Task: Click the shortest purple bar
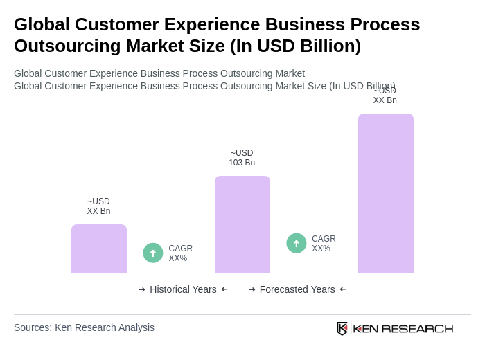98,249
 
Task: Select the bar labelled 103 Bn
242,224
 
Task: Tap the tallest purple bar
385,193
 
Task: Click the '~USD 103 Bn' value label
242,158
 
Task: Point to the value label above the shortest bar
98,206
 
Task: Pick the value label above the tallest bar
385,96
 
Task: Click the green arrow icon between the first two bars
153,253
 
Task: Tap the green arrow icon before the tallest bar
297,244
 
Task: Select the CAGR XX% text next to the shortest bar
180,253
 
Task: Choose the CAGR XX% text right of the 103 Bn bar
324,244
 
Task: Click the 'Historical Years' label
183,289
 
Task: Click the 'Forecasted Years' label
297,289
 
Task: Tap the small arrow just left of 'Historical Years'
142,289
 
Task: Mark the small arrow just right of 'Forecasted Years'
343,289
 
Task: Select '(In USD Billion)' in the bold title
295,46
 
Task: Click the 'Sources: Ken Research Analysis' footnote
84,327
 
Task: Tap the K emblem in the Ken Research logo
342,328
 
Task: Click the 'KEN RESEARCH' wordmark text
403,328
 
